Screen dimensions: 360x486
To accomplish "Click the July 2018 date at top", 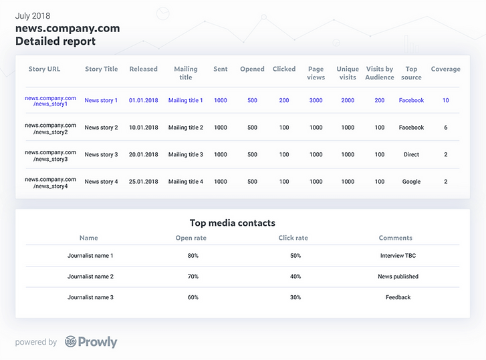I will [x=33, y=15].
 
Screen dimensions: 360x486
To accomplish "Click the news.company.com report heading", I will [x=68, y=28].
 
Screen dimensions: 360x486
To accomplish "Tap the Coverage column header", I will [x=445, y=69].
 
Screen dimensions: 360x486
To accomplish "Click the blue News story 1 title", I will [x=101, y=100].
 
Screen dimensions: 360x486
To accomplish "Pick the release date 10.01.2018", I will [x=144, y=128].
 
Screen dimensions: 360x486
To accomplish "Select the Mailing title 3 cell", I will [x=185, y=154].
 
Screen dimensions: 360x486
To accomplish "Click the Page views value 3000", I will [x=316, y=100].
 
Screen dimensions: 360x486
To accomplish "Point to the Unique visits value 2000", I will [x=348, y=100].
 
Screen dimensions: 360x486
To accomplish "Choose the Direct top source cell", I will [x=411, y=154].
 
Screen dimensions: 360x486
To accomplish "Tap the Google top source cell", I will [x=411, y=182].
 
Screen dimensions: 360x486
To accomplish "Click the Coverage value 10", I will [x=445, y=100].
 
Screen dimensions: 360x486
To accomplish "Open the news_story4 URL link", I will [x=51, y=182].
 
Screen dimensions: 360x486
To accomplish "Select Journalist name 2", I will [x=90, y=277].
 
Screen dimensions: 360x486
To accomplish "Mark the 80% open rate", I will [x=193, y=256].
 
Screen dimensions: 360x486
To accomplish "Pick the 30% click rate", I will [x=295, y=297].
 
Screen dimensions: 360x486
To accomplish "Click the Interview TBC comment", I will [x=398, y=256].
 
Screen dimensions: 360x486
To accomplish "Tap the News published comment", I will [x=398, y=277].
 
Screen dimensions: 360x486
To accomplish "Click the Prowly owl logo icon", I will [x=70, y=342].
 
